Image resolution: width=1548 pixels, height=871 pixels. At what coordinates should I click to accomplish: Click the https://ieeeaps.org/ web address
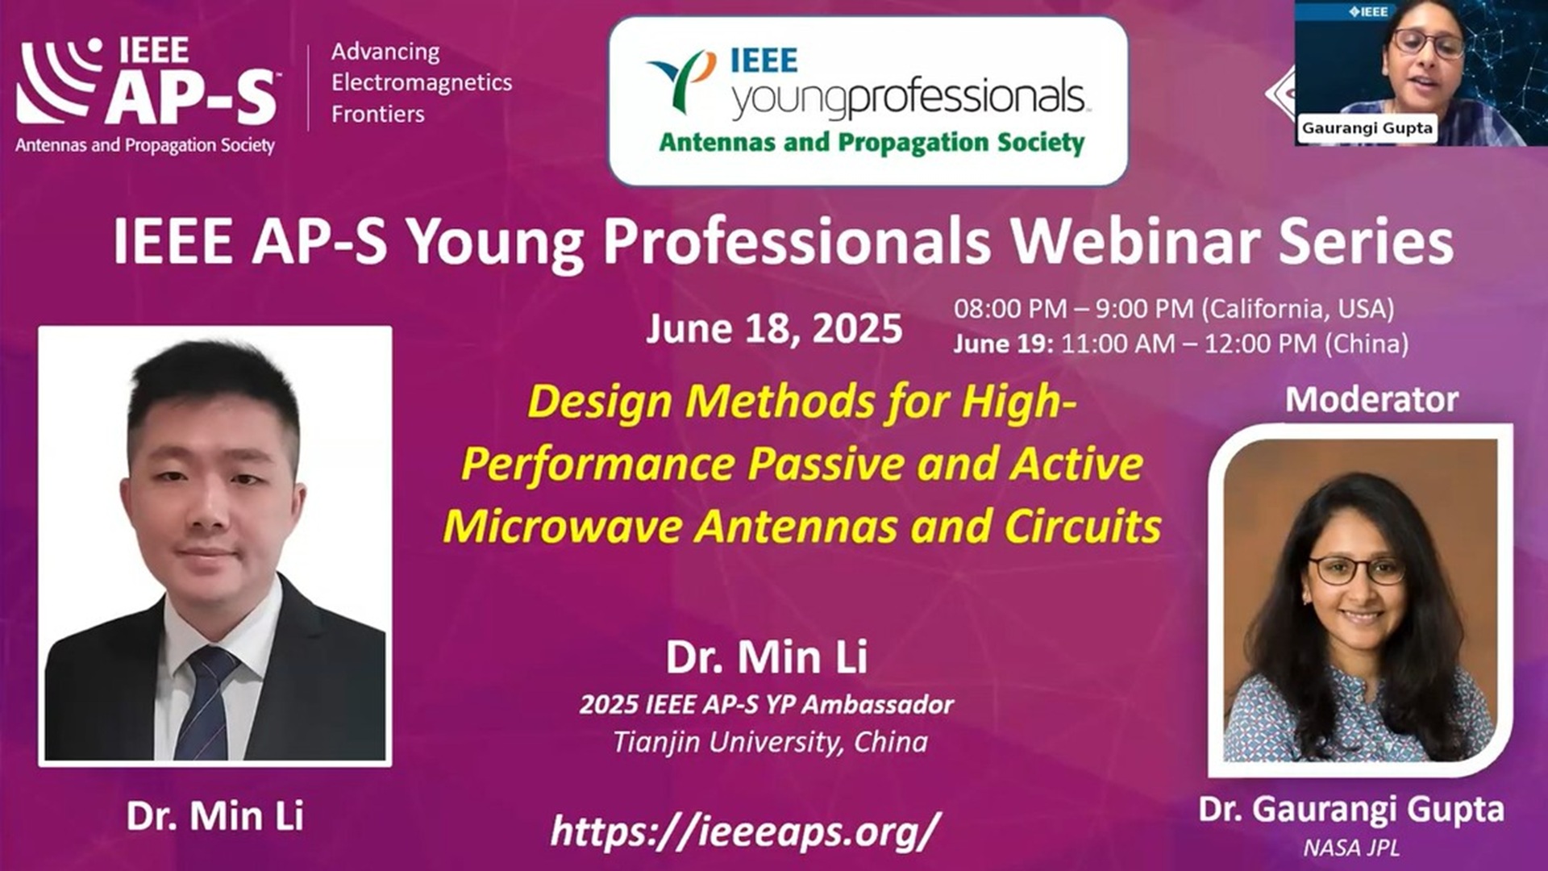point(745,831)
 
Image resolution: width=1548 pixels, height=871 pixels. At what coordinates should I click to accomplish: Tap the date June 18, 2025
point(774,329)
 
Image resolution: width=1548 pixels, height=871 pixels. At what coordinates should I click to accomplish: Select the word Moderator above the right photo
point(1371,400)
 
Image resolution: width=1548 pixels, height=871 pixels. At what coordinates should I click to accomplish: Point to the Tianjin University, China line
point(770,742)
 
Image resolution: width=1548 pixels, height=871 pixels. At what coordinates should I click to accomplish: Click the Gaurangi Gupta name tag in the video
point(1367,128)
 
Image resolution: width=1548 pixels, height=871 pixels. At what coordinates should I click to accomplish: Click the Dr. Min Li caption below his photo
point(215,816)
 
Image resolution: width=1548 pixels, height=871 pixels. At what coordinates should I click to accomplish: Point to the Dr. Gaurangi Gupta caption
point(1351,810)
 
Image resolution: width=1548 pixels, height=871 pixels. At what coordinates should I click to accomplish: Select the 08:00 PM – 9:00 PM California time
point(1174,308)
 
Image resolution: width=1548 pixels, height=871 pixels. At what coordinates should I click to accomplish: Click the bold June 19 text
point(1003,344)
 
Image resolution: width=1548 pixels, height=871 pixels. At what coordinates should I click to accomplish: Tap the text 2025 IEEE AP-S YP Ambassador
point(767,705)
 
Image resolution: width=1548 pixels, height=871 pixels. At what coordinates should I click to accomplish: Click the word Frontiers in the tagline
point(378,114)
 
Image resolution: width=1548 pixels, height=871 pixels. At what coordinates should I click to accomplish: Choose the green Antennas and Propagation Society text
point(872,142)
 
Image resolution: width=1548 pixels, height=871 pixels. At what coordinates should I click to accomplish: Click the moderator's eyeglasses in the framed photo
point(1357,570)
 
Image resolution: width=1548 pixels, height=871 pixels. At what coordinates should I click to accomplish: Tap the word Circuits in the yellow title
point(1083,527)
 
